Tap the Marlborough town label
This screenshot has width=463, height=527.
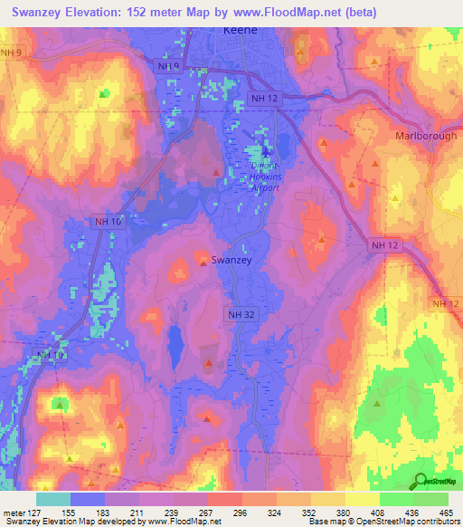(426, 136)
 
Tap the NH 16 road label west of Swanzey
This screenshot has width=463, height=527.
(105, 220)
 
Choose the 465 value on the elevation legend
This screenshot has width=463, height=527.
(444, 512)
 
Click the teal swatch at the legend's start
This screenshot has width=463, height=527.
(52, 498)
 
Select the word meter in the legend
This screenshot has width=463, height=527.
(15, 512)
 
